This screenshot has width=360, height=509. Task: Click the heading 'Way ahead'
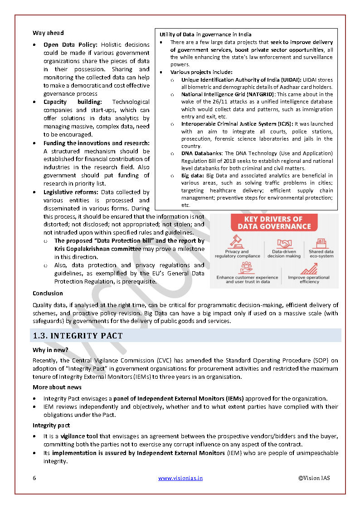click(x=48, y=33)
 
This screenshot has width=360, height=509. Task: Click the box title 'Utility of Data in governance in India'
click(x=205, y=34)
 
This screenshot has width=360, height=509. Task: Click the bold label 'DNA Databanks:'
click(x=202, y=153)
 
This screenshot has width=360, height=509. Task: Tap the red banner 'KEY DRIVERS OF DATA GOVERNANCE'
click(x=274, y=223)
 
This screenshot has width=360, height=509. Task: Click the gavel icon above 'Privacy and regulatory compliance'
click(x=237, y=241)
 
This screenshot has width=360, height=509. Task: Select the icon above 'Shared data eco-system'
click(x=321, y=243)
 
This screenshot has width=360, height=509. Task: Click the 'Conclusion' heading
click(x=48, y=294)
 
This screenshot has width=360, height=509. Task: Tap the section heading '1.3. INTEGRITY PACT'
click(x=78, y=336)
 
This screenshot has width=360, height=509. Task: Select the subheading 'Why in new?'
click(x=50, y=350)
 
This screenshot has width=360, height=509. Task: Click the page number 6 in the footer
click(x=34, y=478)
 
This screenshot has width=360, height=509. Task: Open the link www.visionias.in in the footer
click(x=180, y=478)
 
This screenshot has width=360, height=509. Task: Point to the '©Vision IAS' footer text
click(x=314, y=478)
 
